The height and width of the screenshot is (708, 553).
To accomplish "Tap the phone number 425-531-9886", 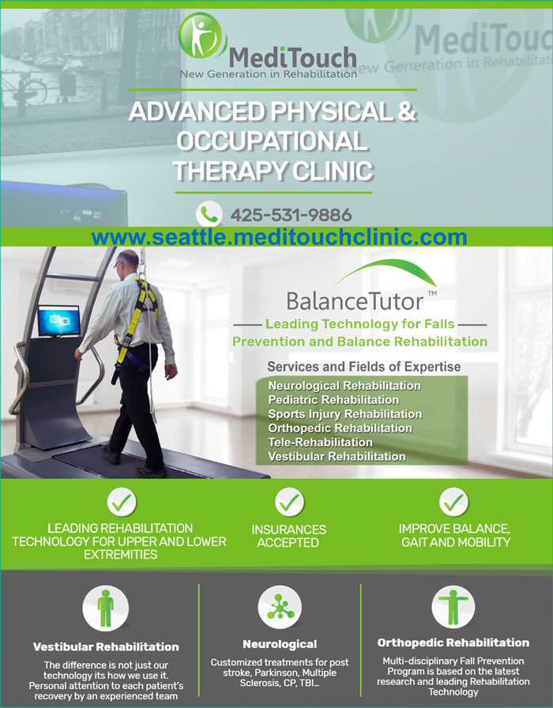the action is [x=291, y=215].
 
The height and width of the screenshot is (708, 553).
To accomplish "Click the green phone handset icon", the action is [x=209, y=214].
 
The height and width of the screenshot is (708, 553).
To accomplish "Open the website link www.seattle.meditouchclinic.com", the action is [x=279, y=237].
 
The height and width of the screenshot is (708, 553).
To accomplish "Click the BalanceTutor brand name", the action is [x=355, y=302].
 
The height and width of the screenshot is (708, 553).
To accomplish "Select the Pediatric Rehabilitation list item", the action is [x=333, y=399].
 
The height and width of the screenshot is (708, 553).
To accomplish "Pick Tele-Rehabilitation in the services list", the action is [x=320, y=442].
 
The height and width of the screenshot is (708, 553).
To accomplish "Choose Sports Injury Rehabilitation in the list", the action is [x=345, y=414].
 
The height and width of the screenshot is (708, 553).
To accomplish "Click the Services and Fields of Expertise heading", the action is [x=363, y=367].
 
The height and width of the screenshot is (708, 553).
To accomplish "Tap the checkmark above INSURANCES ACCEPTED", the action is [x=289, y=502].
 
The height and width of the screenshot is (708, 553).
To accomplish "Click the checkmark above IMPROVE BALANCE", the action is [x=453, y=502].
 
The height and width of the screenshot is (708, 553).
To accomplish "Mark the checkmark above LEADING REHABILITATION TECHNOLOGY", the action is [x=122, y=502].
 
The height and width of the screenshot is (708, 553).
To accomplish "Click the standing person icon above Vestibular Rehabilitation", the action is [x=105, y=609].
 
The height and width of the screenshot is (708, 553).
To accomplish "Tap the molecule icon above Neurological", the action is [x=280, y=607].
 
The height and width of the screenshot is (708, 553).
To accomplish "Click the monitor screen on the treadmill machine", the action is [x=59, y=320].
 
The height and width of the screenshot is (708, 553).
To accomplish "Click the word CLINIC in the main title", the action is [x=333, y=171].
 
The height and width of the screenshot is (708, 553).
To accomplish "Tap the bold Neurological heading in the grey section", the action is [x=280, y=644].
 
